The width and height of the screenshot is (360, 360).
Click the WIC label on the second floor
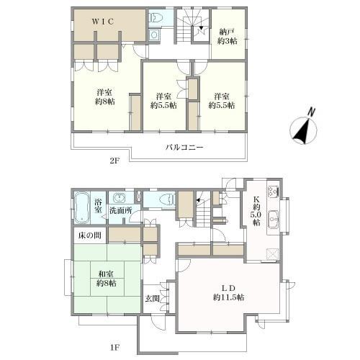pos(103,22)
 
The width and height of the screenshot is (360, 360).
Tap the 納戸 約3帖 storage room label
pos(228,37)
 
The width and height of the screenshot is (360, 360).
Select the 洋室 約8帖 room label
pos(104,97)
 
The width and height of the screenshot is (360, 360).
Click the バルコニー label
pos(184,147)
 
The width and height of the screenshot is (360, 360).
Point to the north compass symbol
pos(304,128)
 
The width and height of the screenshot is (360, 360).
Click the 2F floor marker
pos(114,161)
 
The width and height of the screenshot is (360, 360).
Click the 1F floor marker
pos(114,348)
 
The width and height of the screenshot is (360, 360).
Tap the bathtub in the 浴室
pos(82,208)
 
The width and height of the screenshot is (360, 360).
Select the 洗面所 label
pos(121,210)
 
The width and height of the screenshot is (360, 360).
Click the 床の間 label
pos(89,235)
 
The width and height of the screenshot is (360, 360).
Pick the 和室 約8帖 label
pos(107,279)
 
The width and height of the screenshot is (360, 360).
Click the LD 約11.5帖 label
pos(228,293)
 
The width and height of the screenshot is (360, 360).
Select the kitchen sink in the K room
pos(273,219)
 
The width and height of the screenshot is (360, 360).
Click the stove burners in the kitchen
pos(273,192)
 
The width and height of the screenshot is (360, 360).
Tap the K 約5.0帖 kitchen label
pos(256,210)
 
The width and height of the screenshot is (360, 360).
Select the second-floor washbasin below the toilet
pos(154,35)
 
